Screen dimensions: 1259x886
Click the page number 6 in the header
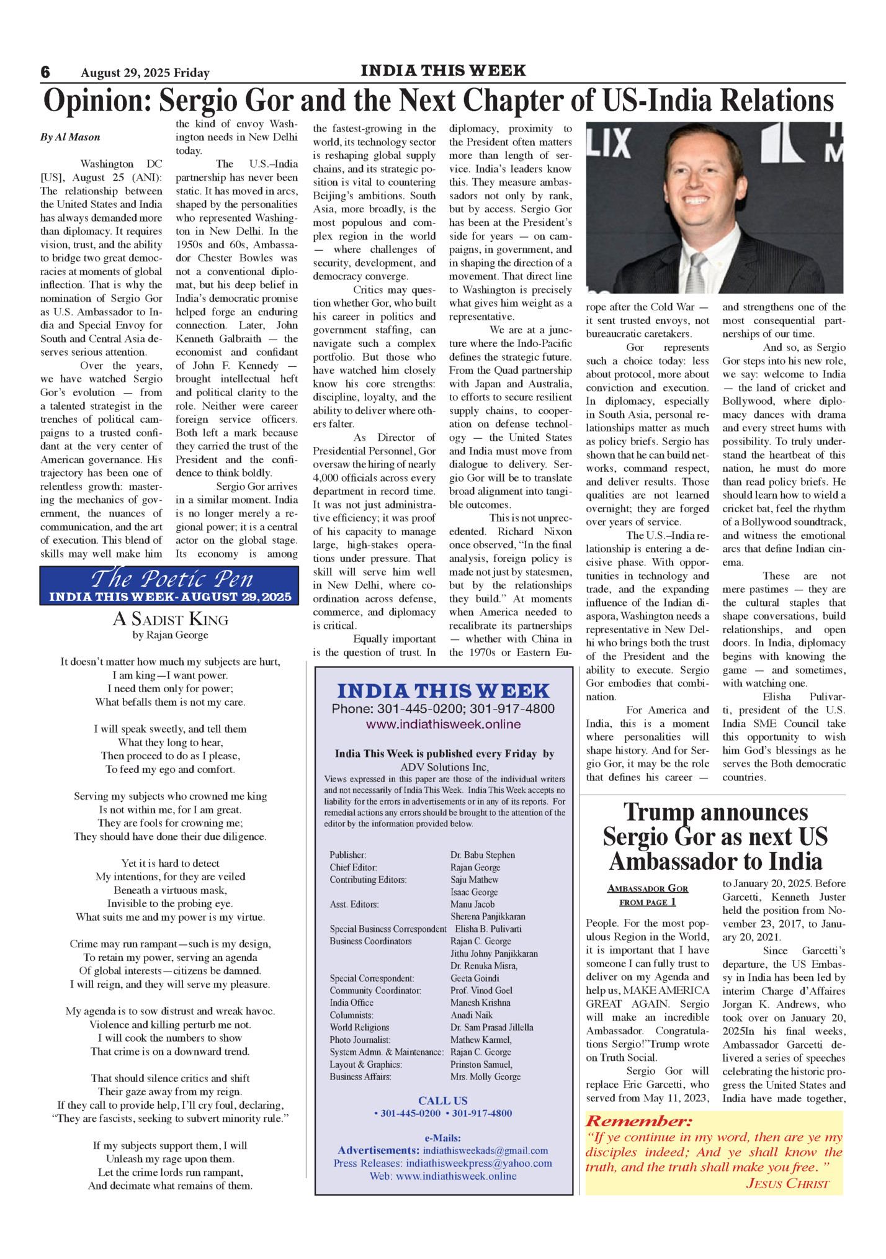45,72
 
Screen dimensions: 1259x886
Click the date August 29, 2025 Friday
145,73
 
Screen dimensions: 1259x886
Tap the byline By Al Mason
70,137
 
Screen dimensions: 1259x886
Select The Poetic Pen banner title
172,579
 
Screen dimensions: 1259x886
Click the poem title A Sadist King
171,619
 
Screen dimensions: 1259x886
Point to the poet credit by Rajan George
171,635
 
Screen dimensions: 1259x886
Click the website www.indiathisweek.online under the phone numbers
443,724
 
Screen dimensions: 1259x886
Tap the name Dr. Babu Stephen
483,855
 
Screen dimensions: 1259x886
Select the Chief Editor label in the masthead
353,867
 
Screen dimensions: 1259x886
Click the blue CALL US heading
443,1100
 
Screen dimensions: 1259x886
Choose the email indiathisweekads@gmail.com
485,1150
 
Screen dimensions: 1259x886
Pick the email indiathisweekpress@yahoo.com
479,1163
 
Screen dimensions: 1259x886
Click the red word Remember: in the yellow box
638,1121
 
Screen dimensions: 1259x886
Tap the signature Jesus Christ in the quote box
787,1183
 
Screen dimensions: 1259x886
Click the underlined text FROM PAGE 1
647,902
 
